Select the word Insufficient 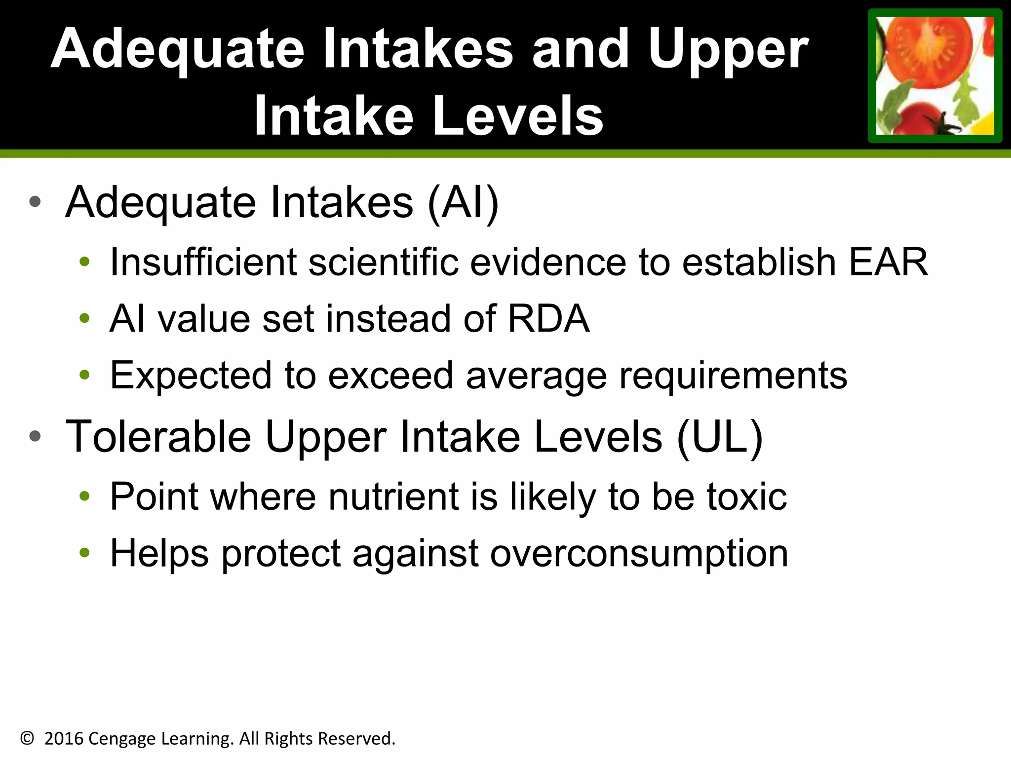[203, 262]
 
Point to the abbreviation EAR [888, 262]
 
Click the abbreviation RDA [548, 318]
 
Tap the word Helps [159, 554]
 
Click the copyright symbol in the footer [27, 738]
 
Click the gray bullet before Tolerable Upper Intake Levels [35, 436]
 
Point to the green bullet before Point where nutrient [84, 496]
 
